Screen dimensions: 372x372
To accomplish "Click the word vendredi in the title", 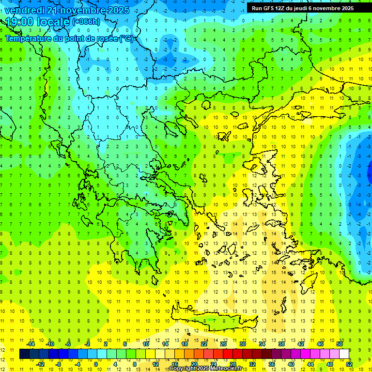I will (24, 10).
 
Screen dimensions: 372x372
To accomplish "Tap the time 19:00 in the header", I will (20, 22).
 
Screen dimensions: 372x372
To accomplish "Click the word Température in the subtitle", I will (31, 38).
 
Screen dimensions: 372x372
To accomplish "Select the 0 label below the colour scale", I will (95, 364).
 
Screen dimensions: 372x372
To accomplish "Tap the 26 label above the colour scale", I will (223, 344).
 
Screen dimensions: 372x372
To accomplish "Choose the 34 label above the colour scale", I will (262, 344).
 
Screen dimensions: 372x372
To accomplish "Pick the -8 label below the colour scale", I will (59, 364).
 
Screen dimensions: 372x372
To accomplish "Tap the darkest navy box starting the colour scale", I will (24, 354).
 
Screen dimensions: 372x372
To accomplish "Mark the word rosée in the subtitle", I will (107, 38).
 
